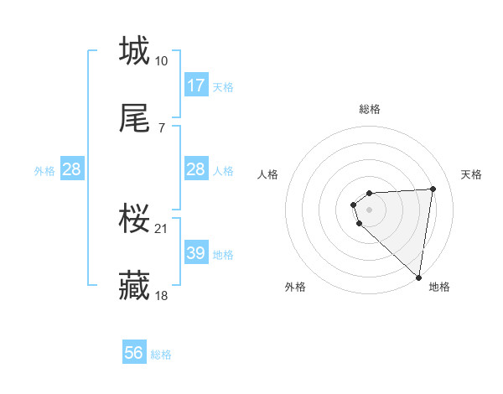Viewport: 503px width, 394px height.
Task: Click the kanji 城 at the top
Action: click(134, 50)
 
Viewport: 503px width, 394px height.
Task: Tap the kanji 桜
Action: click(134, 220)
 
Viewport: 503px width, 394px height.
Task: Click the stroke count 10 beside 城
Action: click(162, 60)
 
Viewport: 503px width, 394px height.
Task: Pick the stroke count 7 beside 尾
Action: click(162, 128)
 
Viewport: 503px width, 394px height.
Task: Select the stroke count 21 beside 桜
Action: click(162, 228)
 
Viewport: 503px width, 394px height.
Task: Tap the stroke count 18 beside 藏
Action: click(162, 296)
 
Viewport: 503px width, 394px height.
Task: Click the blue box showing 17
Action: click(196, 86)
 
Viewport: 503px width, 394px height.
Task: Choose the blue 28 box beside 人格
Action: click(196, 169)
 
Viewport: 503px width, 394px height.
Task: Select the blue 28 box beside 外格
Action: click(72, 169)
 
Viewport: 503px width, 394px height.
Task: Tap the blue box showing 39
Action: click(196, 253)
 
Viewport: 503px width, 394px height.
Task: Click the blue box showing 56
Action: click(134, 353)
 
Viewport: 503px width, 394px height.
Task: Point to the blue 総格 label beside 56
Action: click(161, 355)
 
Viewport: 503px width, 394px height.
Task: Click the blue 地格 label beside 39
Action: click(223, 255)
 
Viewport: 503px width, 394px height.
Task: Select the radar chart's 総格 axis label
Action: click(370, 109)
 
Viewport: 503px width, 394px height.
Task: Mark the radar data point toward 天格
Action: click(433, 189)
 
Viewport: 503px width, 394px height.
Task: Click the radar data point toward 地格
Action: click(418, 277)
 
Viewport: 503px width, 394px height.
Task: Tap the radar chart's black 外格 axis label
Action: click(295, 287)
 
